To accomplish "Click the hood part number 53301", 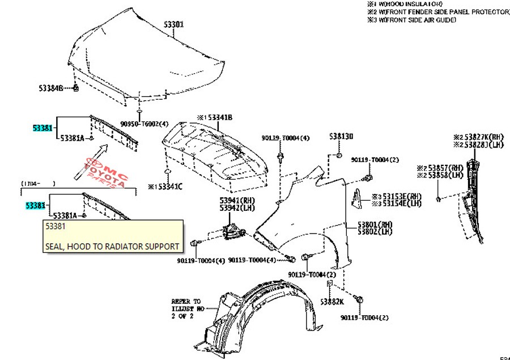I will [x=174, y=24].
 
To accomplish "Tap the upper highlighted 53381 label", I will [x=42, y=129].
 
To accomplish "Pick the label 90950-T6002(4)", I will [x=144, y=124].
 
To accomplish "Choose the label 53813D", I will [x=341, y=137].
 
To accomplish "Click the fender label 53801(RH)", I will [x=375, y=224].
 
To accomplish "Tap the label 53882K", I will [x=331, y=302].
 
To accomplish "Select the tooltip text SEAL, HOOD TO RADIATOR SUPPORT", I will [x=112, y=247].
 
